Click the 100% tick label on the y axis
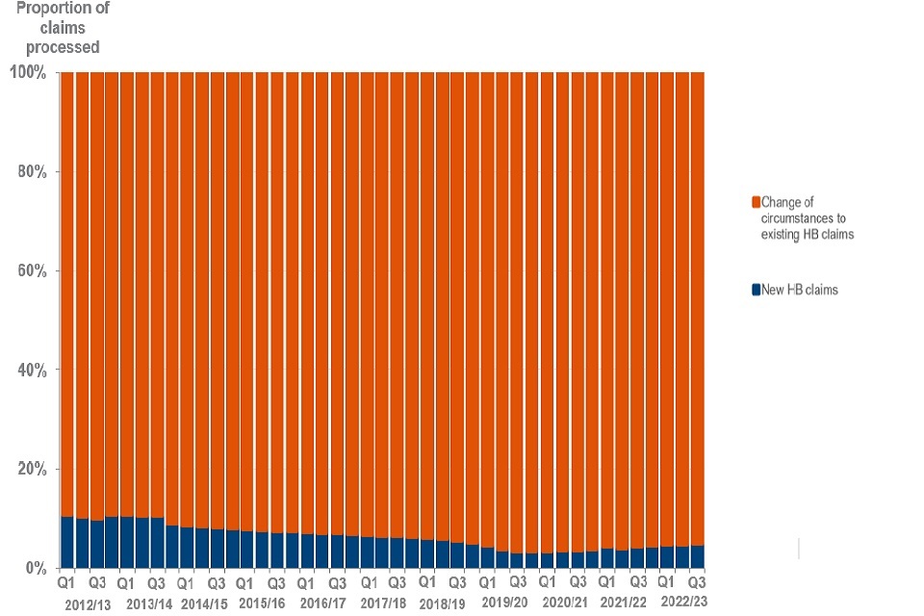(x=26, y=72)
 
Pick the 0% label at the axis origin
(x=35, y=568)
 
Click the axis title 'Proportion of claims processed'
(x=63, y=27)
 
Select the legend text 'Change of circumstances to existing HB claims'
(x=807, y=218)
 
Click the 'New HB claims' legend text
(x=799, y=290)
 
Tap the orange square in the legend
(x=756, y=202)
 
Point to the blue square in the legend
(x=756, y=290)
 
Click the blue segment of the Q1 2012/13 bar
(x=66, y=542)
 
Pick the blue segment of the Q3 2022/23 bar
(x=698, y=556)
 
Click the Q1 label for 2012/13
(x=66, y=582)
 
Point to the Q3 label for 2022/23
(x=698, y=582)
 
